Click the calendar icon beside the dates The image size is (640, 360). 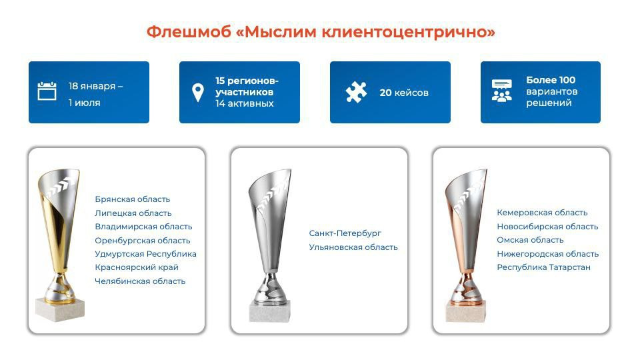click(x=47, y=91)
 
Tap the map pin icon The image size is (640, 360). click(x=198, y=93)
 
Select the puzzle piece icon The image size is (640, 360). click(x=356, y=92)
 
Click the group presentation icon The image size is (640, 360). click(x=501, y=91)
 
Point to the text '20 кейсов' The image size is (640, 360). click(x=404, y=93)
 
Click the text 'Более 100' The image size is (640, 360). click(x=551, y=80)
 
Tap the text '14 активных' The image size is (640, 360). click(x=245, y=104)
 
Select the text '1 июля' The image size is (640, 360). click(x=85, y=103)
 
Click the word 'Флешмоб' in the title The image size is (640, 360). click(x=189, y=32)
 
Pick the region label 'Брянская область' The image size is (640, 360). click(x=132, y=199)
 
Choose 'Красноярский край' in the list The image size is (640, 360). click(x=136, y=267)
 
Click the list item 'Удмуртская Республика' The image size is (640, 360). click(x=145, y=254)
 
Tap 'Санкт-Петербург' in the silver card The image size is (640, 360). click(x=345, y=233)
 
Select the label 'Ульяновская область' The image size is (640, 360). click(x=353, y=247)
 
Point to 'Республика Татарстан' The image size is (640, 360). click(x=544, y=267)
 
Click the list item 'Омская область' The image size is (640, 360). click(x=530, y=240)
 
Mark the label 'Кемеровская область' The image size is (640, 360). click(x=542, y=213)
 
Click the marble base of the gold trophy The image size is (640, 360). click(x=60, y=309)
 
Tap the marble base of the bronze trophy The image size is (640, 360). click(x=466, y=312)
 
